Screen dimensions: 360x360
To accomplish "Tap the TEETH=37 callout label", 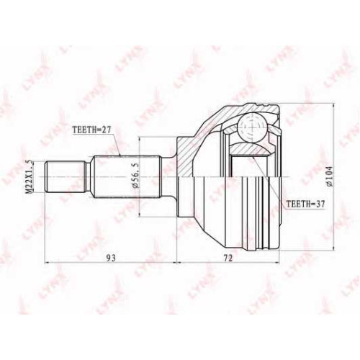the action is point(306,204).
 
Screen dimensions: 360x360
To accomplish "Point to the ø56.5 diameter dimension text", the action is point(135,177).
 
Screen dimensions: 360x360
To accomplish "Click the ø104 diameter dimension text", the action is point(330,176).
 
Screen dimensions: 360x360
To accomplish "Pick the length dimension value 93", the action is point(111,258).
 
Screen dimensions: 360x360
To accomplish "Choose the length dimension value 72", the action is point(228,258).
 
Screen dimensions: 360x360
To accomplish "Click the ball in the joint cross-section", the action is point(253,127).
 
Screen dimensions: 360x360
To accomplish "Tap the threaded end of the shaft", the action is point(65,177).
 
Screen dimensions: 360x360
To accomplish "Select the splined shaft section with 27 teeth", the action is point(127,177).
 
